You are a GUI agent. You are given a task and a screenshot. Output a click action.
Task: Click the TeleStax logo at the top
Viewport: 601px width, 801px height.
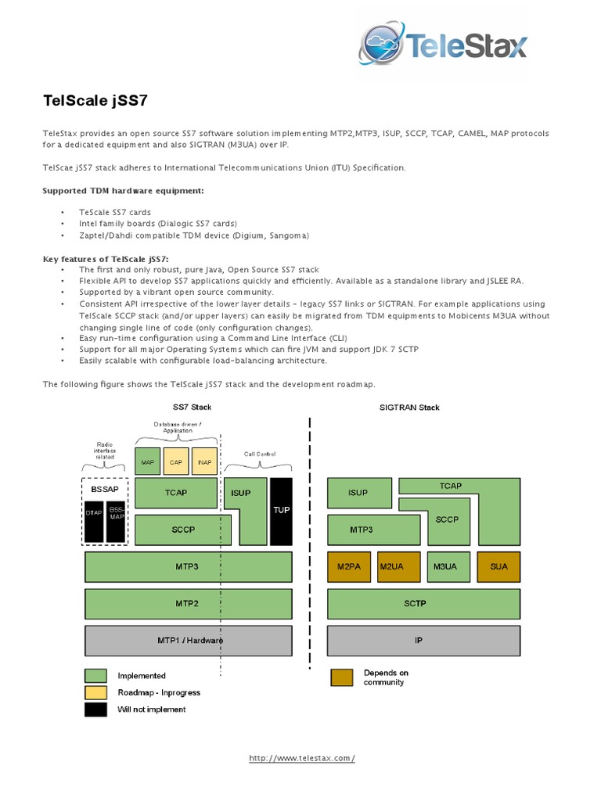click(443, 46)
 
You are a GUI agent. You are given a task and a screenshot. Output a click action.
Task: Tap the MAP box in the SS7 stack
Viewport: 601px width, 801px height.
click(148, 462)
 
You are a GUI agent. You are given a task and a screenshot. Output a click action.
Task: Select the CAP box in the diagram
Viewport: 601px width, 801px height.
click(176, 462)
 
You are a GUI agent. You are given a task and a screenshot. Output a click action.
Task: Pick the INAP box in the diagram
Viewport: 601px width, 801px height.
click(204, 462)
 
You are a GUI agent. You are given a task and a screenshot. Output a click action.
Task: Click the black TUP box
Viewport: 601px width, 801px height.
click(281, 511)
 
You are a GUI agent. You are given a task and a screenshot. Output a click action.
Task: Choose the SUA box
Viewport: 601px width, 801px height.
click(498, 566)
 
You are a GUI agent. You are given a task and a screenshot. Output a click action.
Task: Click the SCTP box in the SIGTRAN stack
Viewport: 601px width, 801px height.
click(423, 604)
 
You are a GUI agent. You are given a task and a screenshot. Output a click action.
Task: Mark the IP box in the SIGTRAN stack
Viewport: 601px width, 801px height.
click(423, 641)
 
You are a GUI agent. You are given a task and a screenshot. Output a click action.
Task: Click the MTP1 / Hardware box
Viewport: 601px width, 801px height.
click(189, 641)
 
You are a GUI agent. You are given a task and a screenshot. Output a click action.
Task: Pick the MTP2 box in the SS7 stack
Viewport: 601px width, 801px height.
click(189, 604)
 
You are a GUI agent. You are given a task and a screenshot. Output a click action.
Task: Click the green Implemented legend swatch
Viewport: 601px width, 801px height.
click(95, 675)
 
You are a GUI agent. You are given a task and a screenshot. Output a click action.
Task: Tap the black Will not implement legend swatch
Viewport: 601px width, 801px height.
click(95, 709)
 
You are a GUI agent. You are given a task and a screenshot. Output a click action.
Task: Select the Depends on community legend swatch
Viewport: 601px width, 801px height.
click(341, 677)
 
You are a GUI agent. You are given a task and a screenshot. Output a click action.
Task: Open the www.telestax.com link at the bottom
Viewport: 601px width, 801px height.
click(302, 758)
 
